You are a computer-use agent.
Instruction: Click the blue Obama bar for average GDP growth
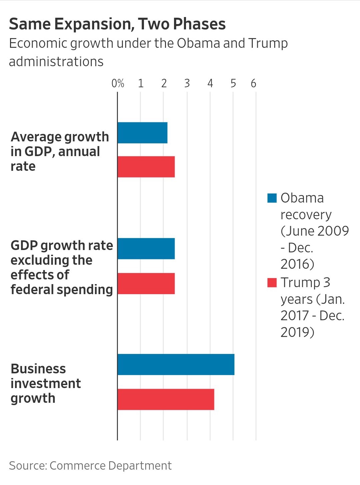142,133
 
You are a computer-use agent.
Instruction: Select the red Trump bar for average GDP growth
146,166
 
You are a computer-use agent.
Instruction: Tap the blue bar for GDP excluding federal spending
146,248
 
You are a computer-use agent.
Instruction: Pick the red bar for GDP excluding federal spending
146,283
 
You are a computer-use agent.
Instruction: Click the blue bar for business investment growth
176,364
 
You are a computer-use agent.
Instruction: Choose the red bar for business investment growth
166,399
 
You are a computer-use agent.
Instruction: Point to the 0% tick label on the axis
118,83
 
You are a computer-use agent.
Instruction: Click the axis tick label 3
187,83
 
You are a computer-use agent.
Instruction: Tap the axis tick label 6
253,83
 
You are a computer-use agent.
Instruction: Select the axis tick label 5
233,83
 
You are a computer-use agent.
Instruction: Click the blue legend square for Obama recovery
272,198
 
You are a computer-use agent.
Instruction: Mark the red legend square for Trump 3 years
272,282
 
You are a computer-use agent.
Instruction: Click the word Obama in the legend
302,198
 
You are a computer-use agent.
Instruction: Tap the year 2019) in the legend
297,332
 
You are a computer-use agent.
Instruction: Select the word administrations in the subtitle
56,62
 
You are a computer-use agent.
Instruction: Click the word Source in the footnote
27,466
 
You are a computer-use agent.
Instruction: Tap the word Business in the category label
38,369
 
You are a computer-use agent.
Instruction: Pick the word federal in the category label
32,289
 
